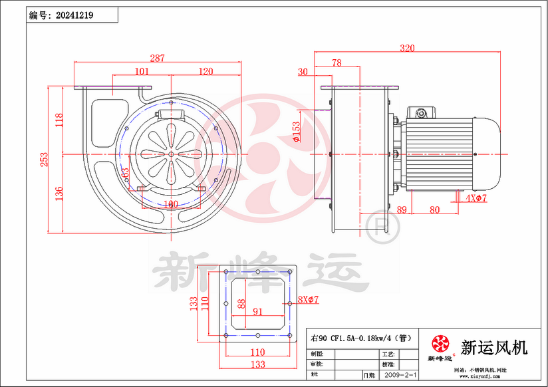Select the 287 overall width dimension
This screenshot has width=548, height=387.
point(157,59)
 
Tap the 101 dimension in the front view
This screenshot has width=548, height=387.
point(141,71)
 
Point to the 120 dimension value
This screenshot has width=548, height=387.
point(205,71)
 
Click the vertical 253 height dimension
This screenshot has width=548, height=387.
point(45,160)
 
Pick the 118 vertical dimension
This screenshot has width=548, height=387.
point(59,120)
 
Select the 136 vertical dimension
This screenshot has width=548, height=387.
point(59,193)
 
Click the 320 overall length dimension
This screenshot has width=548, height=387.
point(408,48)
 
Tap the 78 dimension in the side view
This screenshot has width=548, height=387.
point(337,63)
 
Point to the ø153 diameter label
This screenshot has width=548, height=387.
point(296,131)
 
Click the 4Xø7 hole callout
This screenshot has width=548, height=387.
point(476,199)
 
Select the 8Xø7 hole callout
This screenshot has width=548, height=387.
point(309,300)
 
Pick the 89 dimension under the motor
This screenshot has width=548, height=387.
point(402,209)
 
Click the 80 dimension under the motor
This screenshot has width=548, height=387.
point(434,209)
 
